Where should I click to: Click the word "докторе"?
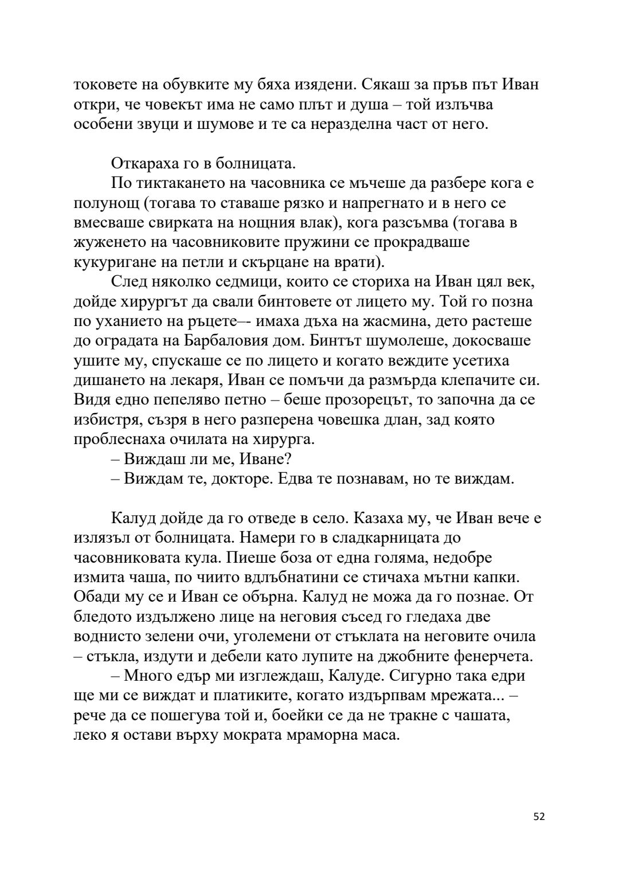pyautogui.click(x=236, y=479)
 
